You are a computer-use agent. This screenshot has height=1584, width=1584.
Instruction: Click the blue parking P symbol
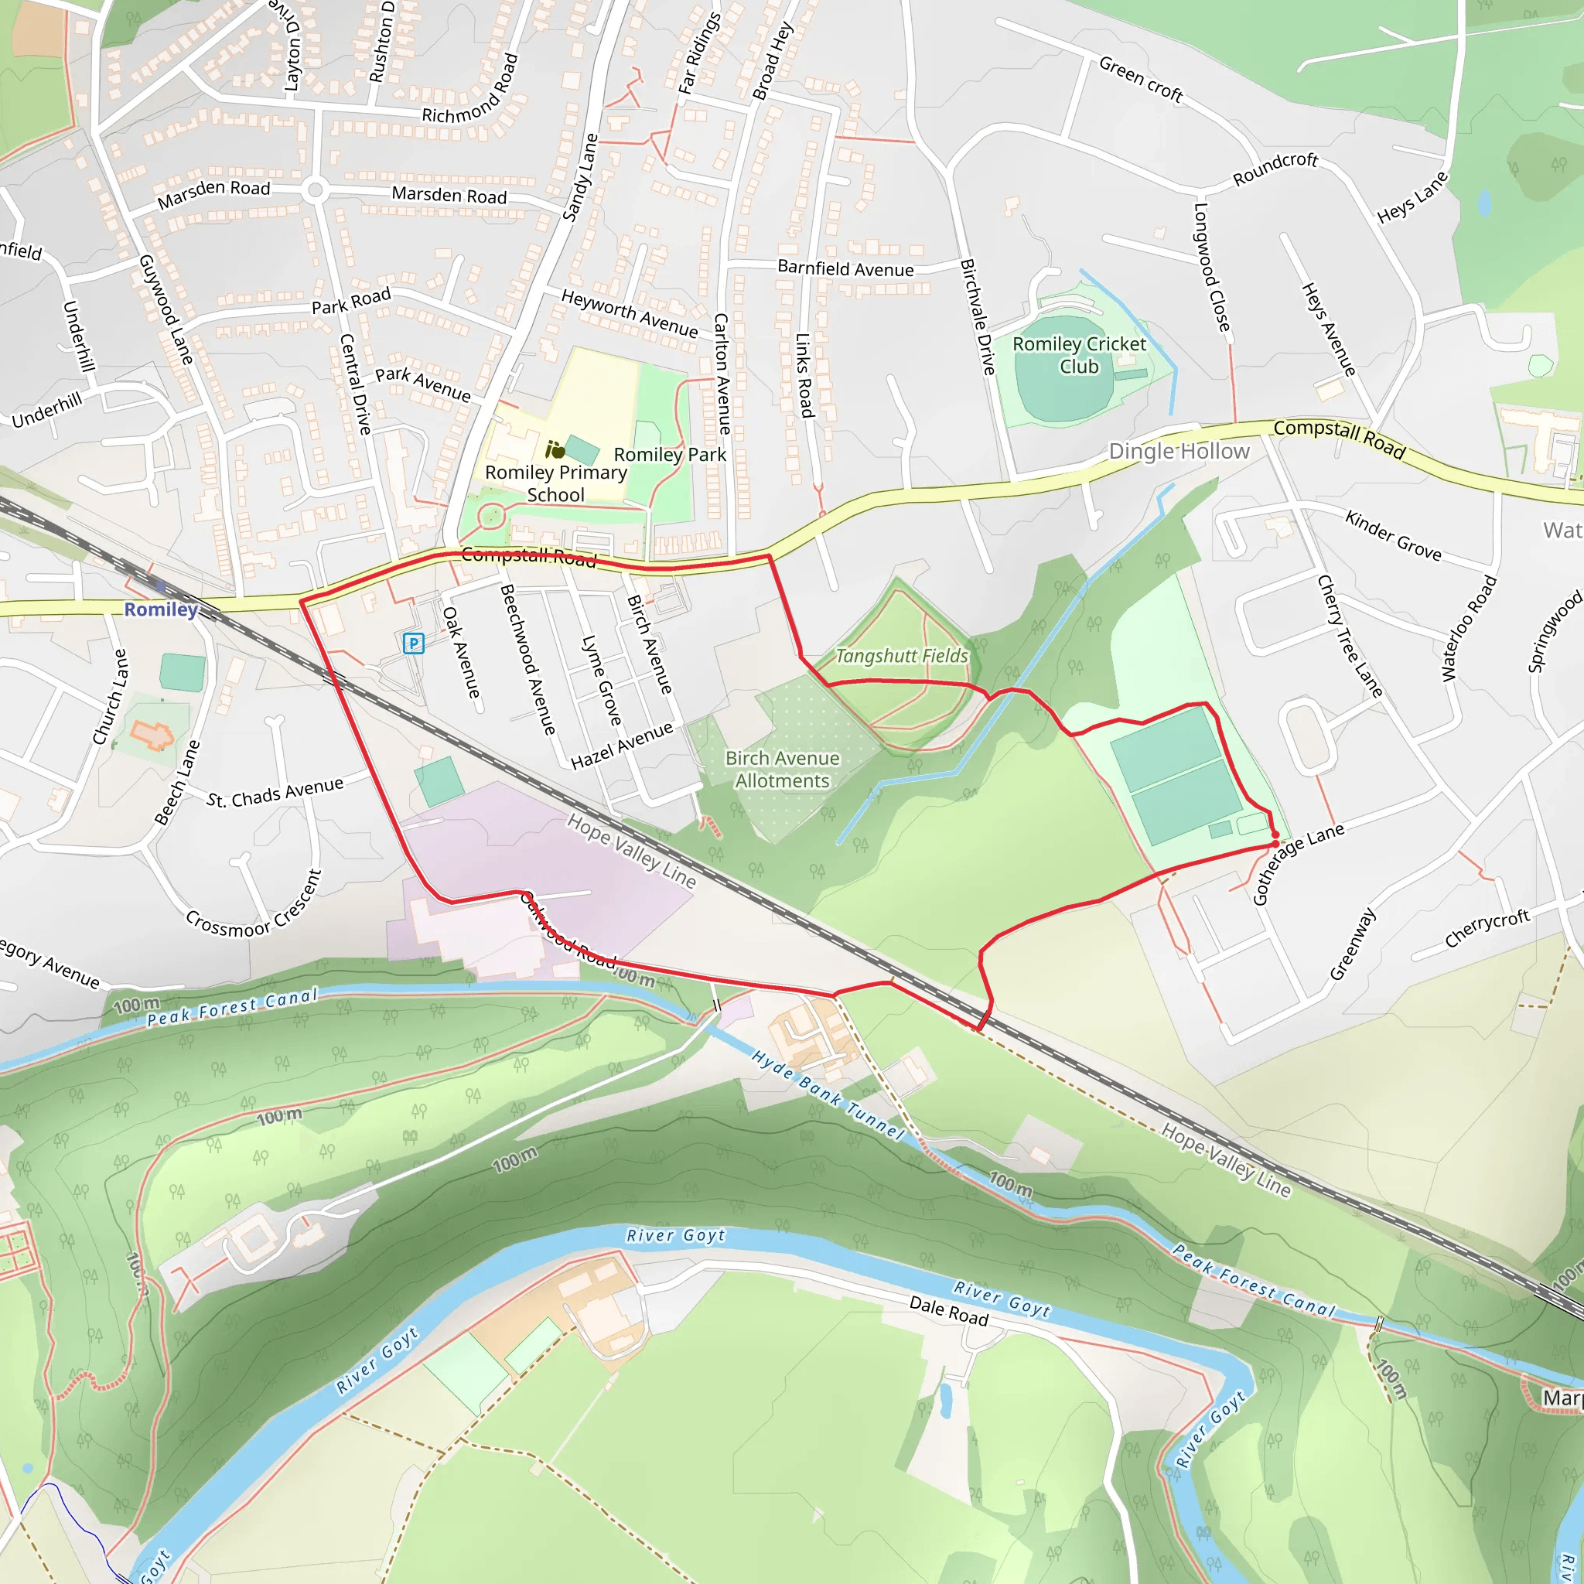click(x=413, y=643)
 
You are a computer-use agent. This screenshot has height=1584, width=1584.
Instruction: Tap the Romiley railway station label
click(x=161, y=609)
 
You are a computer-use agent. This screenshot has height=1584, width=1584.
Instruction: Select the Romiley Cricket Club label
click(x=1079, y=355)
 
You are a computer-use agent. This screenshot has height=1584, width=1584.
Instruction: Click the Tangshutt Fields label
click(x=901, y=656)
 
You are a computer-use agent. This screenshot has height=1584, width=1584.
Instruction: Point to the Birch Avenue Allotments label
click(x=782, y=769)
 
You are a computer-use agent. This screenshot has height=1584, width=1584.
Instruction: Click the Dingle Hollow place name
click(x=1179, y=451)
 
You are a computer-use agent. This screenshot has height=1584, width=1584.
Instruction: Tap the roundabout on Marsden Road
click(x=315, y=191)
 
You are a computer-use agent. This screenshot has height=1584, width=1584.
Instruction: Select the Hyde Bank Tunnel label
click(x=828, y=1095)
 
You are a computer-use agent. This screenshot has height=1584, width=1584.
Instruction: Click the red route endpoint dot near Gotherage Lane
click(x=1275, y=843)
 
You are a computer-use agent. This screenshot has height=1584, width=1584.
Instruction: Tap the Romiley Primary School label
click(x=556, y=483)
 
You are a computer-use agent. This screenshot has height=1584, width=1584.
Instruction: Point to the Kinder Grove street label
click(x=1393, y=535)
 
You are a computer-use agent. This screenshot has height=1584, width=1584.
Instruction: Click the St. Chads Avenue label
click(x=275, y=793)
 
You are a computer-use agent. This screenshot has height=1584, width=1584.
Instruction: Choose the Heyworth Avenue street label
click(x=630, y=313)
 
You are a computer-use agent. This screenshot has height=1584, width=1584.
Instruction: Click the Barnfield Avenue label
click(x=845, y=269)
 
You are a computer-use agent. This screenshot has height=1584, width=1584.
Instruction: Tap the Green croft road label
click(x=1141, y=80)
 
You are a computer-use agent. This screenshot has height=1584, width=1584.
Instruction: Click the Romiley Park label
click(x=670, y=454)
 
